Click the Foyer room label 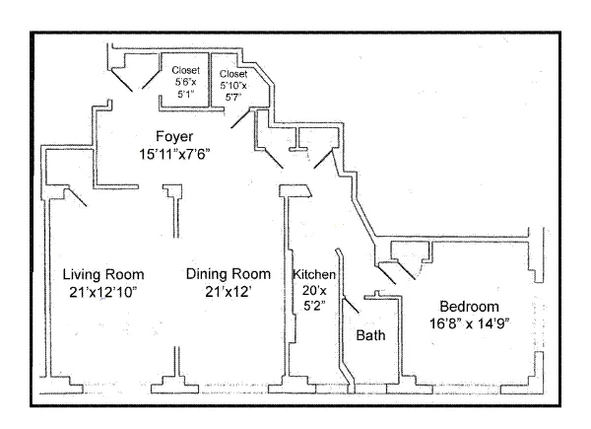(173, 136)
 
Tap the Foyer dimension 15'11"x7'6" (174, 154)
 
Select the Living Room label (103, 274)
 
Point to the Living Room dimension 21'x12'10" (103, 292)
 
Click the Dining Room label (228, 274)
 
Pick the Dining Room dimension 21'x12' (228, 292)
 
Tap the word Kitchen (315, 274)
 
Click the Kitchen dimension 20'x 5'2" (315, 299)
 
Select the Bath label (370, 336)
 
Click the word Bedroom (469, 306)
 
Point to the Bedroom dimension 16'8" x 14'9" (469, 323)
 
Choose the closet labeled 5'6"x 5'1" (185, 84)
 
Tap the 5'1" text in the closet (185, 96)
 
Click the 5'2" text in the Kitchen (315, 307)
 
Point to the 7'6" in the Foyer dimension (196, 154)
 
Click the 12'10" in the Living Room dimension (122, 292)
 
